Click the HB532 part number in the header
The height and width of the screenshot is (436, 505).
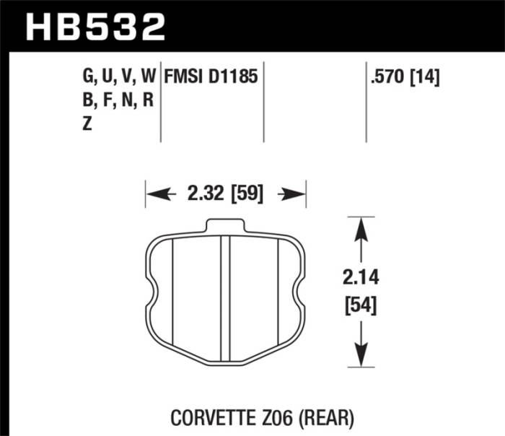(x=96, y=27)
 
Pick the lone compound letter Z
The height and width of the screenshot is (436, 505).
(x=87, y=123)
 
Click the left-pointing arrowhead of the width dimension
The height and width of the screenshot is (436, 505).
(x=154, y=193)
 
